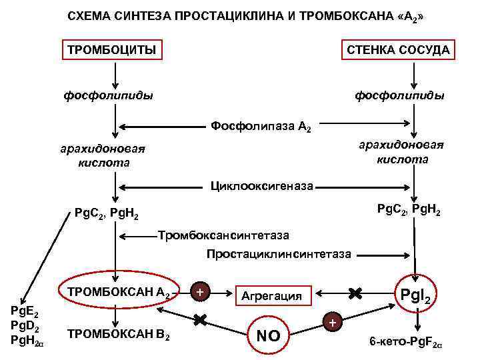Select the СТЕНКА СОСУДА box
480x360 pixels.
point(397,50)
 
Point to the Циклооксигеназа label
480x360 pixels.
point(261,185)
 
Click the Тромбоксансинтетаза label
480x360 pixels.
point(224,235)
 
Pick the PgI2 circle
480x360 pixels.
point(417,294)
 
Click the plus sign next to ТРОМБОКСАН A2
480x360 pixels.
point(200,292)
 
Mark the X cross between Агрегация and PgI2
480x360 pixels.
point(355,292)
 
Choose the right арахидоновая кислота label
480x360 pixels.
point(402,152)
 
